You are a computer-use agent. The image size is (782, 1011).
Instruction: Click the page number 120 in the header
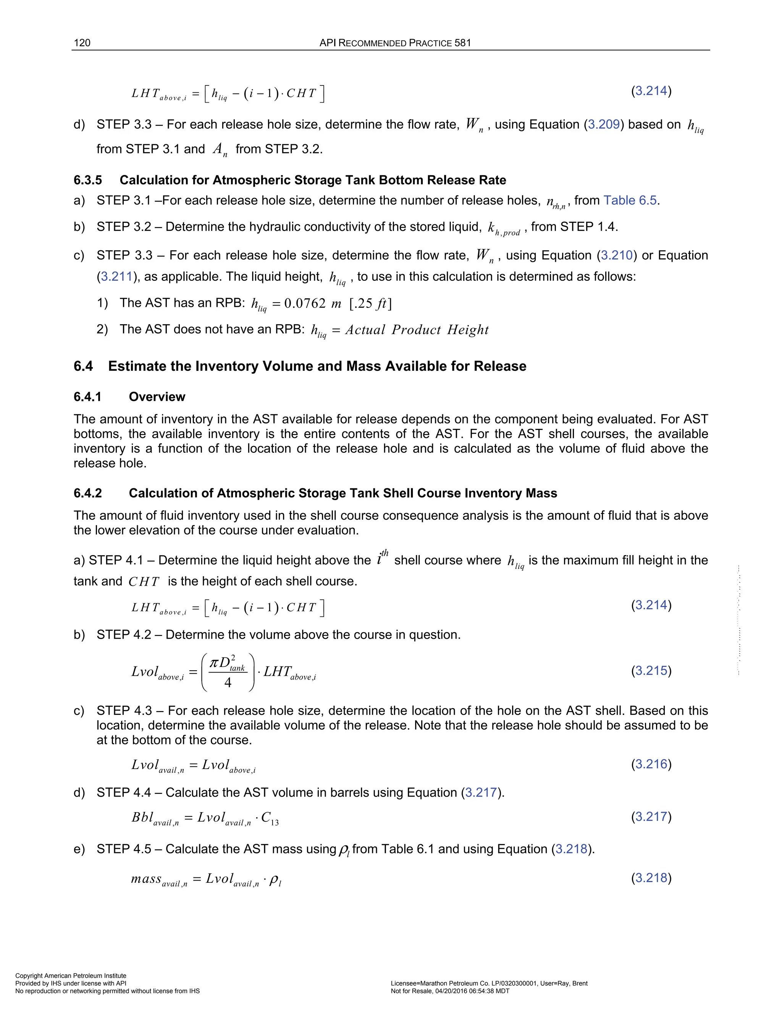pos(82,43)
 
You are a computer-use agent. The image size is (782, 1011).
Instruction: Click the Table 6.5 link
pos(630,200)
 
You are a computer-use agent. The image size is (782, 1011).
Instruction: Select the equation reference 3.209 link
pos(604,124)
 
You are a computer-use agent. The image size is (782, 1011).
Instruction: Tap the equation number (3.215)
pos(651,671)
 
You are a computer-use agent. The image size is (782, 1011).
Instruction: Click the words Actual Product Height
pos(417,330)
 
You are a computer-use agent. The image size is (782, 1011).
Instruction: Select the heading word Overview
pos(157,397)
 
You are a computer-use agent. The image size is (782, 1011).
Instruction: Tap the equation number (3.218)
pos(651,878)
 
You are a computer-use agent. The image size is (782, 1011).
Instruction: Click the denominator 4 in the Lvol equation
pos(228,683)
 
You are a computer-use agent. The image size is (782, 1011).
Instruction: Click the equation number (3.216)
pos(651,764)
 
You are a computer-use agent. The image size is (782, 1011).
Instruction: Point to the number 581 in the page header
pos(462,43)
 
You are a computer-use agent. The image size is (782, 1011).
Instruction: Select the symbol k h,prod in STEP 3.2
pos(504,228)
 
